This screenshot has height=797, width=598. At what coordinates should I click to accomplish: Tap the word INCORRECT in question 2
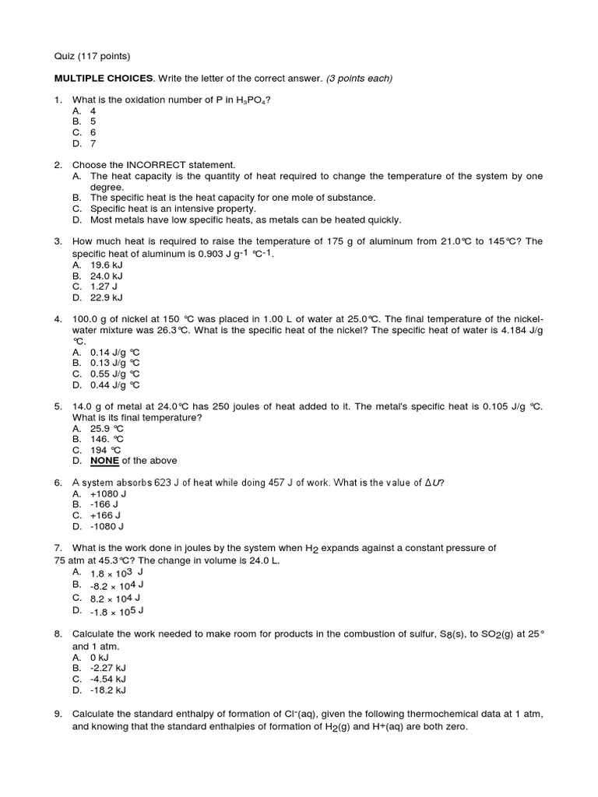click(x=158, y=165)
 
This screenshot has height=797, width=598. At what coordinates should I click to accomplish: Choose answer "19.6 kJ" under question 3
click(x=107, y=265)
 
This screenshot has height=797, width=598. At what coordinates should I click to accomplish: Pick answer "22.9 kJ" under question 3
click(x=107, y=297)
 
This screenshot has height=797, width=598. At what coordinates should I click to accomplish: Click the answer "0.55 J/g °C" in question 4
click(x=115, y=374)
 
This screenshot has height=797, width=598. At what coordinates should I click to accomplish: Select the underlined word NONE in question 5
click(x=104, y=461)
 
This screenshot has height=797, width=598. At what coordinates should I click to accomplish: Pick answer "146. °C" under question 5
click(x=107, y=439)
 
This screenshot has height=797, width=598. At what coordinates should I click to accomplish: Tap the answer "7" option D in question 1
click(x=93, y=143)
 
